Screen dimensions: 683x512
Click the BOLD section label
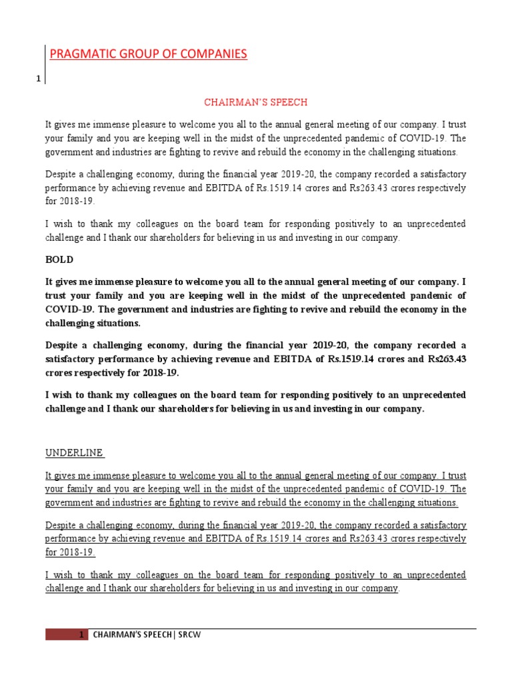pyautogui.click(x=59, y=259)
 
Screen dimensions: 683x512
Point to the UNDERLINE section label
pyautogui.click(x=74, y=453)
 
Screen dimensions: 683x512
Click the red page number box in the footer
pyautogui.click(x=66, y=635)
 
